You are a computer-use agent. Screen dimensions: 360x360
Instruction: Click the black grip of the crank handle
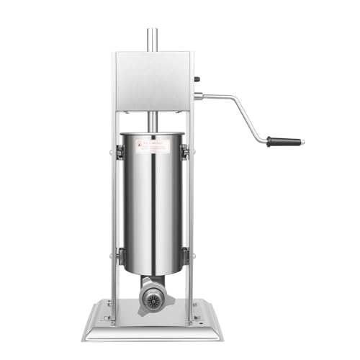pyautogui.click(x=284, y=142)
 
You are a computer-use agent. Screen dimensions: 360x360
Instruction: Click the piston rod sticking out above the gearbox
pyautogui.click(x=153, y=39)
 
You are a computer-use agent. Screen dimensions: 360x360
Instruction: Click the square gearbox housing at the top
pyautogui.click(x=153, y=79)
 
